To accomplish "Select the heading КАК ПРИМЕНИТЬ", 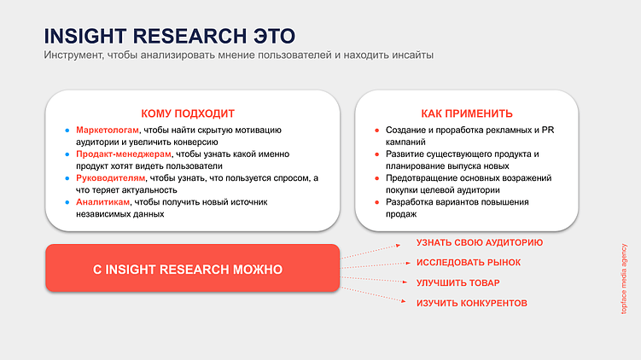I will coord(466,113).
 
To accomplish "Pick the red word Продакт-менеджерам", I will coord(124,154).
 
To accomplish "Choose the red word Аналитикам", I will coord(102,202).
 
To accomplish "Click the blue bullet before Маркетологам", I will coord(67,131).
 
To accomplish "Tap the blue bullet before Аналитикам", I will coord(67,203).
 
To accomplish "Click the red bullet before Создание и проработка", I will coord(376,131).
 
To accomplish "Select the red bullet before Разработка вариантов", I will coord(376,203).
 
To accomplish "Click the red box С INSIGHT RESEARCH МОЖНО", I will coord(192,269).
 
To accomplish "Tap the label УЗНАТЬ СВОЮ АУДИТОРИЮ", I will coord(479,242).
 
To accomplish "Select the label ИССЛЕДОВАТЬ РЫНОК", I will coord(469,263).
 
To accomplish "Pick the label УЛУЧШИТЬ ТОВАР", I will coord(457,283).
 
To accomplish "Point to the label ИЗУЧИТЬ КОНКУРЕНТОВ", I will coord(471,304).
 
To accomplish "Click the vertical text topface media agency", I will coord(624,277).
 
